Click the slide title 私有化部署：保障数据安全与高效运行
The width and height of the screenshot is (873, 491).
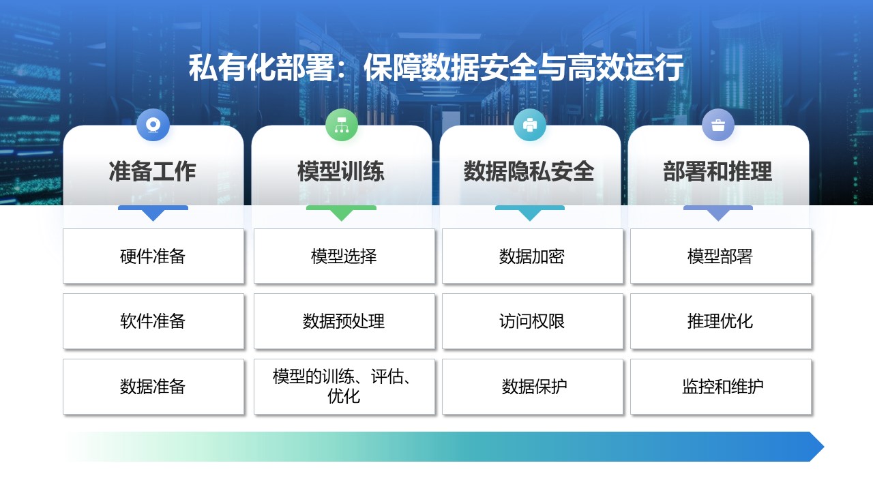point(436,68)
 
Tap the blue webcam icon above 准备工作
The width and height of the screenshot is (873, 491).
point(153,125)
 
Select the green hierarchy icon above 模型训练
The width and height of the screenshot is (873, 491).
point(342,125)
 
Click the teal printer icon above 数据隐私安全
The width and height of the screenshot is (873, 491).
point(530,125)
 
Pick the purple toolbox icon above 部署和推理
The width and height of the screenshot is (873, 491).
point(718,125)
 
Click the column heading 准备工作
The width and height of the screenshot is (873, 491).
point(152,171)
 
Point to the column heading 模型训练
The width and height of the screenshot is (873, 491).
point(341,171)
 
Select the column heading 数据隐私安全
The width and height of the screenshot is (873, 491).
point(529,171)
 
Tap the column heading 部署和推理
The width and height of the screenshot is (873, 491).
point(717,171)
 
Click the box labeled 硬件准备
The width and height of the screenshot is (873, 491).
point(153,256)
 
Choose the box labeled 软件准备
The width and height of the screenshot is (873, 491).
point(153,321)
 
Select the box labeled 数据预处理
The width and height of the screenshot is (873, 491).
point(344,321)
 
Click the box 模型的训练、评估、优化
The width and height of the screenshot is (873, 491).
point(344,387)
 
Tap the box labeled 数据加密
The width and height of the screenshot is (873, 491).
point(533,256)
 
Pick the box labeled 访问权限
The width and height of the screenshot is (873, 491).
point(533,321)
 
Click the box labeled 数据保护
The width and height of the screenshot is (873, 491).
point(533,387)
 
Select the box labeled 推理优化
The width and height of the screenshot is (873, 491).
point(721,321)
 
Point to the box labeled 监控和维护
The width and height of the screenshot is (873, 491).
point(721,387)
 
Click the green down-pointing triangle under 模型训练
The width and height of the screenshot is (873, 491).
point(342,215)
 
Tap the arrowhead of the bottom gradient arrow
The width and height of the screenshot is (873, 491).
point(816,447)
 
